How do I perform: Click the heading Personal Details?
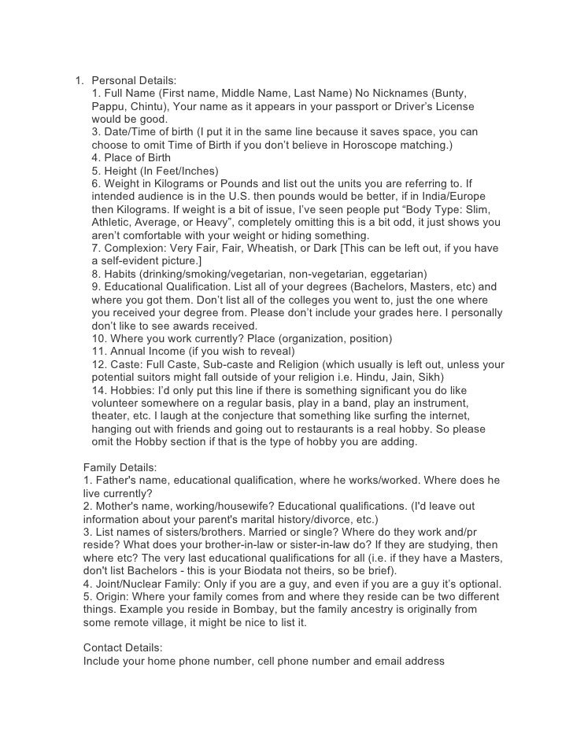tap(134, 80)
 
